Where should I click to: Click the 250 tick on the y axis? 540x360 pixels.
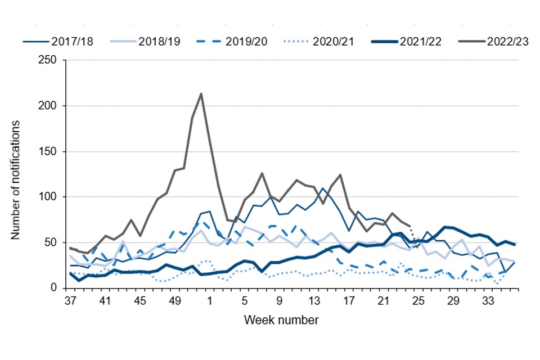point(49,60)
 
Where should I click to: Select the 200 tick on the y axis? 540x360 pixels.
point(49,106)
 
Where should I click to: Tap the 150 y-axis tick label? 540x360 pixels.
point(49,151)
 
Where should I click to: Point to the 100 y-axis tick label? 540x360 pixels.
point(49,197)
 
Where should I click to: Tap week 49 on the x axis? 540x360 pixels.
point(174,300)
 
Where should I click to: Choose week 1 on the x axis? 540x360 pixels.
point(209,300)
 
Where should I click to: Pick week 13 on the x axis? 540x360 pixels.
point(314,300)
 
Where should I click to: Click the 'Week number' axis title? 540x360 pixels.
point(281,321)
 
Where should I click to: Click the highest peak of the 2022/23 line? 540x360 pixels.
point(201,93)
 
